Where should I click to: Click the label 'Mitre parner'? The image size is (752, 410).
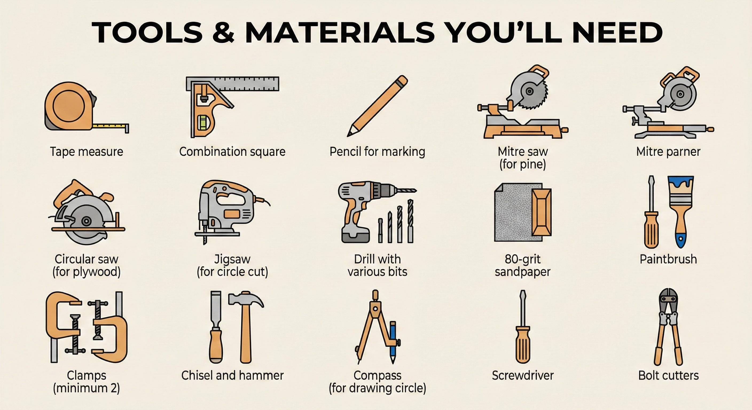(668, 151)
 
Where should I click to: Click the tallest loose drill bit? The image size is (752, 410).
(410, 221)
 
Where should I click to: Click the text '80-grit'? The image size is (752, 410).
(523, 259)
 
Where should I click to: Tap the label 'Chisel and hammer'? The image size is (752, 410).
(232, 375)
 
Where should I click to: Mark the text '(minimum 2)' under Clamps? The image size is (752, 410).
(87, 388)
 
